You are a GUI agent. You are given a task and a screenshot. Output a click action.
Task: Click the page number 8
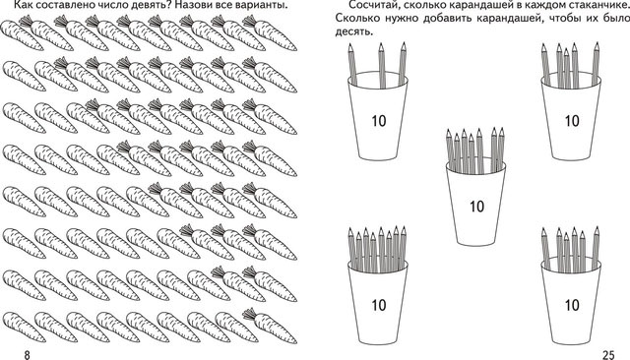pos(27,355)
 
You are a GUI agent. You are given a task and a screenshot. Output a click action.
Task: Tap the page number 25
pos(608,355)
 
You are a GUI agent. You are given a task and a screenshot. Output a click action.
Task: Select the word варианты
pos(262,5)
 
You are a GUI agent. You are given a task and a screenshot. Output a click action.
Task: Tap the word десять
pos(354,31)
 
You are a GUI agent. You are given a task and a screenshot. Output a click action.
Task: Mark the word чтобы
pos(555,19)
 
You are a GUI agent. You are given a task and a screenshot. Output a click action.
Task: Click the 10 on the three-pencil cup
pos(378,121)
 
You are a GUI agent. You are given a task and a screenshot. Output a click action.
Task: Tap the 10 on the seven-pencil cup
pos(476,207)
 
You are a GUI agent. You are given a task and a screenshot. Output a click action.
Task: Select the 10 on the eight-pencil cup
pos(378,305)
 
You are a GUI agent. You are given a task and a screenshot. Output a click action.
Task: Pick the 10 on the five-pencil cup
pos(572,121)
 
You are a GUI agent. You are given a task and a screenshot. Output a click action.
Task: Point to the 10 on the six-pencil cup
pos(572,305)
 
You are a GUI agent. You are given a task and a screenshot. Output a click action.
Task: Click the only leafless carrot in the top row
pos(22,35)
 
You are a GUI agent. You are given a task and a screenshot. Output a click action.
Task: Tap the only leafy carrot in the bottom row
pos(270,326)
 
